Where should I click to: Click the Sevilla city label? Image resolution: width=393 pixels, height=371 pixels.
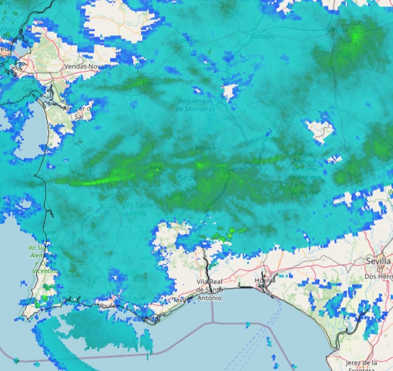379,261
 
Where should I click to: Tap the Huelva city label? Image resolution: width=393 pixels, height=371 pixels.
266,281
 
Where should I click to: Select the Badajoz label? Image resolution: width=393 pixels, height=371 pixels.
262,36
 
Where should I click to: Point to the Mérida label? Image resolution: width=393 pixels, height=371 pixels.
337,30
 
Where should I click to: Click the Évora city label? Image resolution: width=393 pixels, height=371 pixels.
150,83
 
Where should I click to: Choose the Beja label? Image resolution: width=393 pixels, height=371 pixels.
156,167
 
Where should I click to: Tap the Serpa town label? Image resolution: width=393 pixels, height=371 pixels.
188,178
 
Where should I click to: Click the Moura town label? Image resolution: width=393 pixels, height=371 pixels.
205,147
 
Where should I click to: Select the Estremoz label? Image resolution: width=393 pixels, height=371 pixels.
189,41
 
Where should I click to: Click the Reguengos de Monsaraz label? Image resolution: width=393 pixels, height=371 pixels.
195,104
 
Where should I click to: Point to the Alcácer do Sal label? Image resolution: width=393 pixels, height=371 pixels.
79,112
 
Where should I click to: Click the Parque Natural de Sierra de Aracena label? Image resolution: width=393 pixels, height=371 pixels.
304,173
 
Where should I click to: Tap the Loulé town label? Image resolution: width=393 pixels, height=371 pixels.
138,299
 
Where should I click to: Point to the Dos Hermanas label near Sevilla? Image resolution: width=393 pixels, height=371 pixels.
379,277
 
